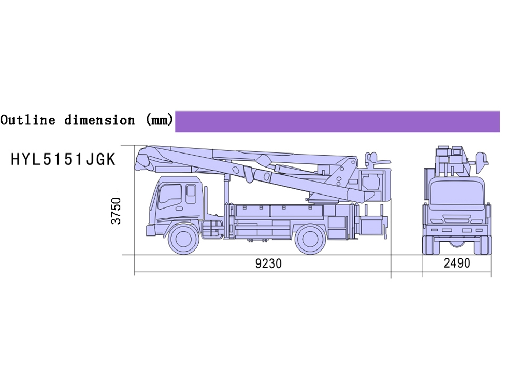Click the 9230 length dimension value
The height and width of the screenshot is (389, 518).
[x=268, y=263]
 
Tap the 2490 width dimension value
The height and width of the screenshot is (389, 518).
[x=456, y=263]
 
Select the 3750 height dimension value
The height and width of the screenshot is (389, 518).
[x=116, y=211]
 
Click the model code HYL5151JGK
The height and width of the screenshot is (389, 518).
[x=63, y=159]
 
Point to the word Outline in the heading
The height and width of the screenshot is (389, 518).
[x=28, y=120]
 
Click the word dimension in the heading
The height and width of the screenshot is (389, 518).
[x=100, y=120]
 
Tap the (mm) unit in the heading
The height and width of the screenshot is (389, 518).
[x=159, y=119]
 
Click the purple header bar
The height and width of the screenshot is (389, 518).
[x=337, y=121]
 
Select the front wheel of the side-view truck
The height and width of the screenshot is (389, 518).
[x=184, y=239]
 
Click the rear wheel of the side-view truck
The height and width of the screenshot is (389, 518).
[x=310, y=239]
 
